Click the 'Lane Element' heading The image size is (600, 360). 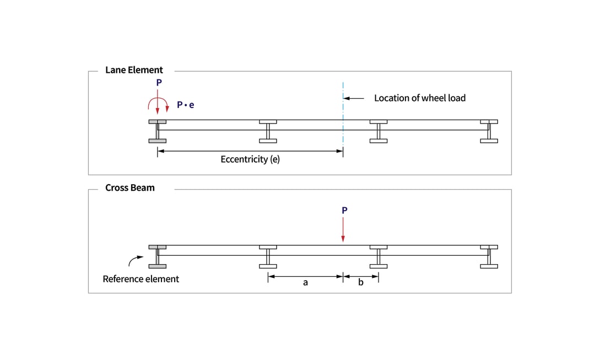134,70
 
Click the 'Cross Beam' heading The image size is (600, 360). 130,188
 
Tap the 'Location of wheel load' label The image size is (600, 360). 420,98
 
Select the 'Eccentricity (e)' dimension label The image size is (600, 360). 250,159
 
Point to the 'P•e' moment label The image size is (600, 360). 186,105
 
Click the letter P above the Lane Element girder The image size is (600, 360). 159,83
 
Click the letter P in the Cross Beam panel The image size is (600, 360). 344,210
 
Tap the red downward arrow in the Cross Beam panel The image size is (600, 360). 343,229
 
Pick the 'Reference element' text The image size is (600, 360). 140,279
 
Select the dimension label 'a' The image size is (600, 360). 305,283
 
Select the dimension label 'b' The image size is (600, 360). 361,283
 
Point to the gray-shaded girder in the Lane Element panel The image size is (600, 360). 158,131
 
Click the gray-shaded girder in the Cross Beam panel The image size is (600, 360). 158,256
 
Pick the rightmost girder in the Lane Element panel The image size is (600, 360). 489,131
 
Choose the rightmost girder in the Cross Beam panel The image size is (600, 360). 489,256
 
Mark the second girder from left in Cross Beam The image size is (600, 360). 268,256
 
